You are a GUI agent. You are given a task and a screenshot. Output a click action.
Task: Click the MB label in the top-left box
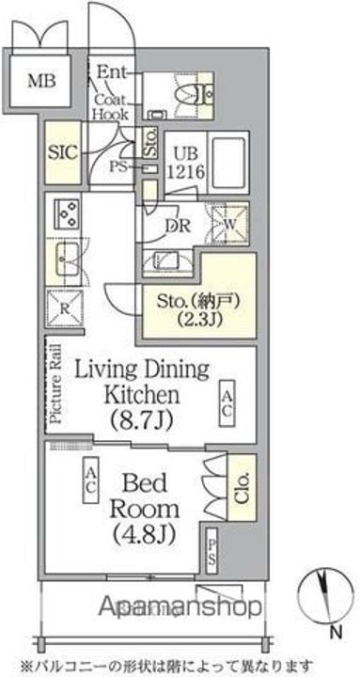(x=40, y=81)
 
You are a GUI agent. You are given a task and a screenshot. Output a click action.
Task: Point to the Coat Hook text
(x=110, y=105)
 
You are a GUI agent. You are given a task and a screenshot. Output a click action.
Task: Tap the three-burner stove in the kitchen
(x=67, y=214)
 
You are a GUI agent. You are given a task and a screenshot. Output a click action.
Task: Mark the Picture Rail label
(x=55, y=386)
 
